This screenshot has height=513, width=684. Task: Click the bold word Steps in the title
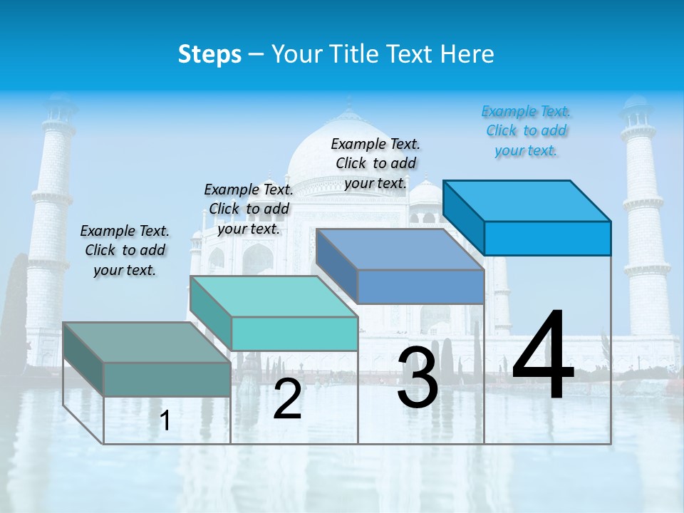pos(209,54)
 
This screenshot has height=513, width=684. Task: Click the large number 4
pos(543,356)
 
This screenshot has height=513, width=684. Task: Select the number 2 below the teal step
pos(287,400)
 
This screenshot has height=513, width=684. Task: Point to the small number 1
pos(165,421)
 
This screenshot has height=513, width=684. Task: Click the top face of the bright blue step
pos(527,200)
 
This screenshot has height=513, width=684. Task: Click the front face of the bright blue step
pos(547,238)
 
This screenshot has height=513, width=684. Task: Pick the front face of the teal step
pos(294,333)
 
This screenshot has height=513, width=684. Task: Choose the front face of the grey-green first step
pos(167,379)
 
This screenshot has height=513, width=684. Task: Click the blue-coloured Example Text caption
pos(526,131)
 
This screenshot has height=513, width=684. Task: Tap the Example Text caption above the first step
pos(125,250)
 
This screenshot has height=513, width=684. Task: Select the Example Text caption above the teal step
pos(249,209)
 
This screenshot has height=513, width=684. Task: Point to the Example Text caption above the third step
pos(375,163)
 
